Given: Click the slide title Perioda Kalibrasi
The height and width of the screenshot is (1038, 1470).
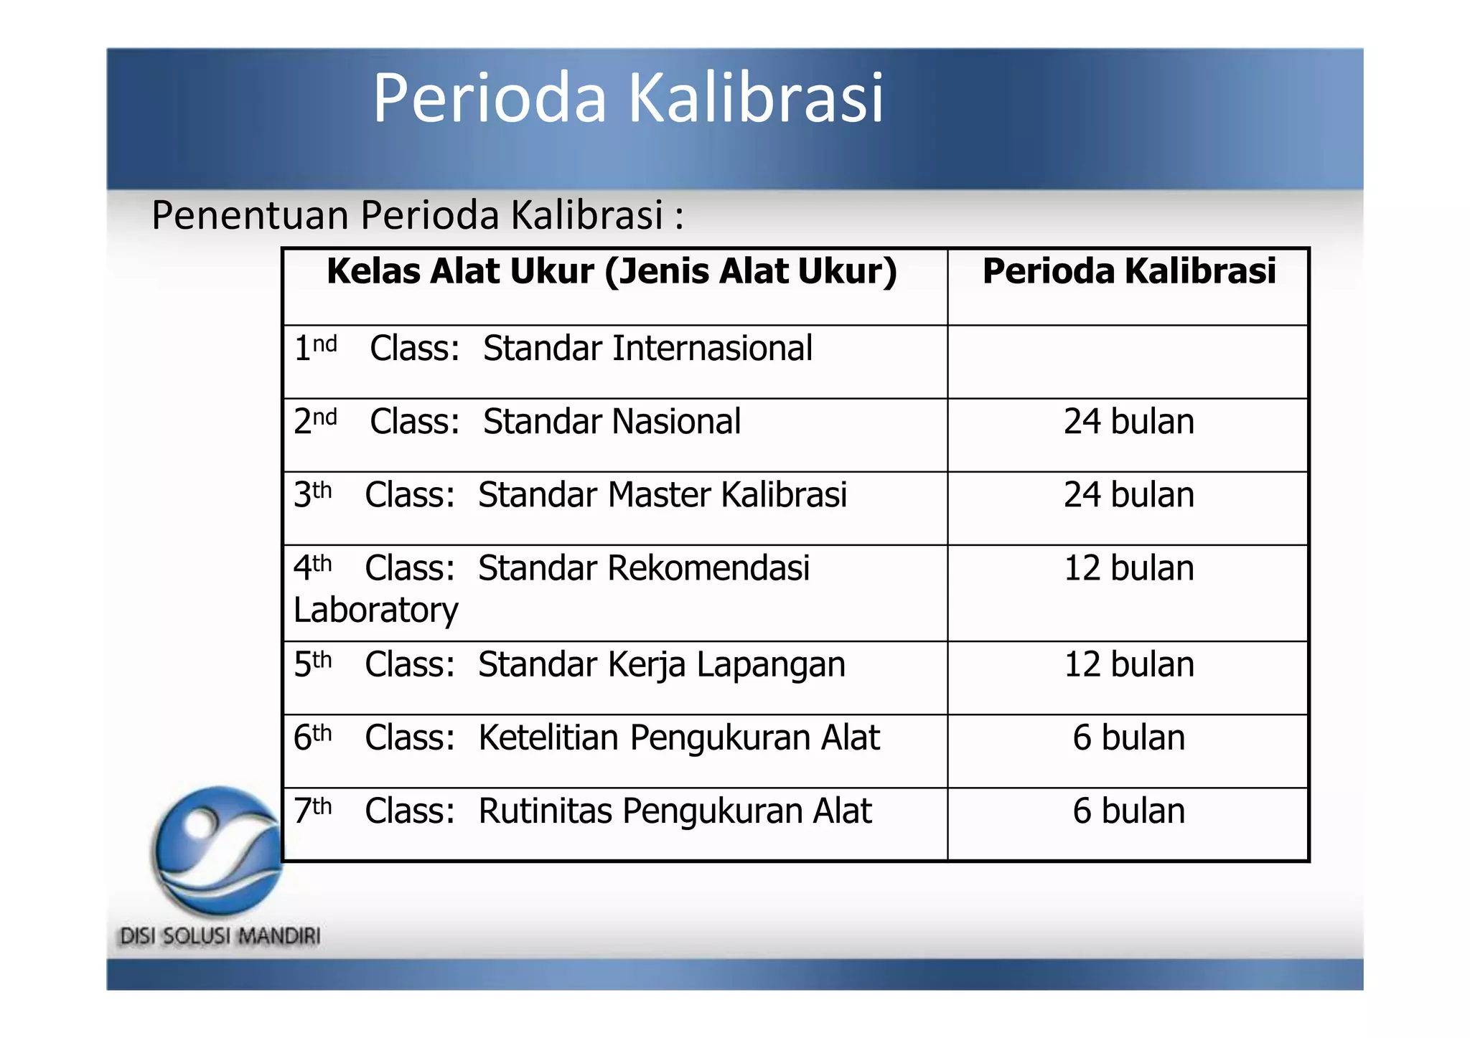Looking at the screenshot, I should [x=627, y=98].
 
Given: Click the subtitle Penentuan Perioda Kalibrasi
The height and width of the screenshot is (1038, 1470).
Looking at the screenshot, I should [x=416, y=215].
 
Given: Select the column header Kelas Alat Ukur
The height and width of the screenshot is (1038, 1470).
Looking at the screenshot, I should [x=612, y=272].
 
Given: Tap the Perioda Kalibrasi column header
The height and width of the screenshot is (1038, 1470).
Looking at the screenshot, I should [x=1128, y=272].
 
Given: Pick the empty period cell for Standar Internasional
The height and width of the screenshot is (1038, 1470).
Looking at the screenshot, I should [x=1128, y=362].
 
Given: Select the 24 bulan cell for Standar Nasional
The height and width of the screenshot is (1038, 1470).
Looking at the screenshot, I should [x=1128, y=422].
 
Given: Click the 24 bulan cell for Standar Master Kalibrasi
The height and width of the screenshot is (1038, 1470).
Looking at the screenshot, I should [x=1128, y=495].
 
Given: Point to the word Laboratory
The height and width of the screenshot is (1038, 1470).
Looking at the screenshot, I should [x=375, y=611].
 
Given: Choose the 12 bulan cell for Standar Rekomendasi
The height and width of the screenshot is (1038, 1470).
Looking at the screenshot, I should [x=1128, y=568].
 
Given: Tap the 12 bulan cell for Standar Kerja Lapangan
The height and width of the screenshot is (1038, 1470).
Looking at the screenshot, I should [x=1128, y=664].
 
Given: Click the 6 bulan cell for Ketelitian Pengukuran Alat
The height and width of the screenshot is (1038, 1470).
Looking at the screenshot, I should [x=1128, y=738].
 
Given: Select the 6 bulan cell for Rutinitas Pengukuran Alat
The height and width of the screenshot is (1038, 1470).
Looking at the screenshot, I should [x=1128, y=811].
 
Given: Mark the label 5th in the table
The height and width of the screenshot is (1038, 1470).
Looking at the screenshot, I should [x=312, y=664].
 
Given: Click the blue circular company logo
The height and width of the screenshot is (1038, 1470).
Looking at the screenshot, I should [x=218, y=851].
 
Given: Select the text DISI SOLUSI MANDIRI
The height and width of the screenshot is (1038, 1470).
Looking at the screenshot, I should [x=220, y=936].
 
